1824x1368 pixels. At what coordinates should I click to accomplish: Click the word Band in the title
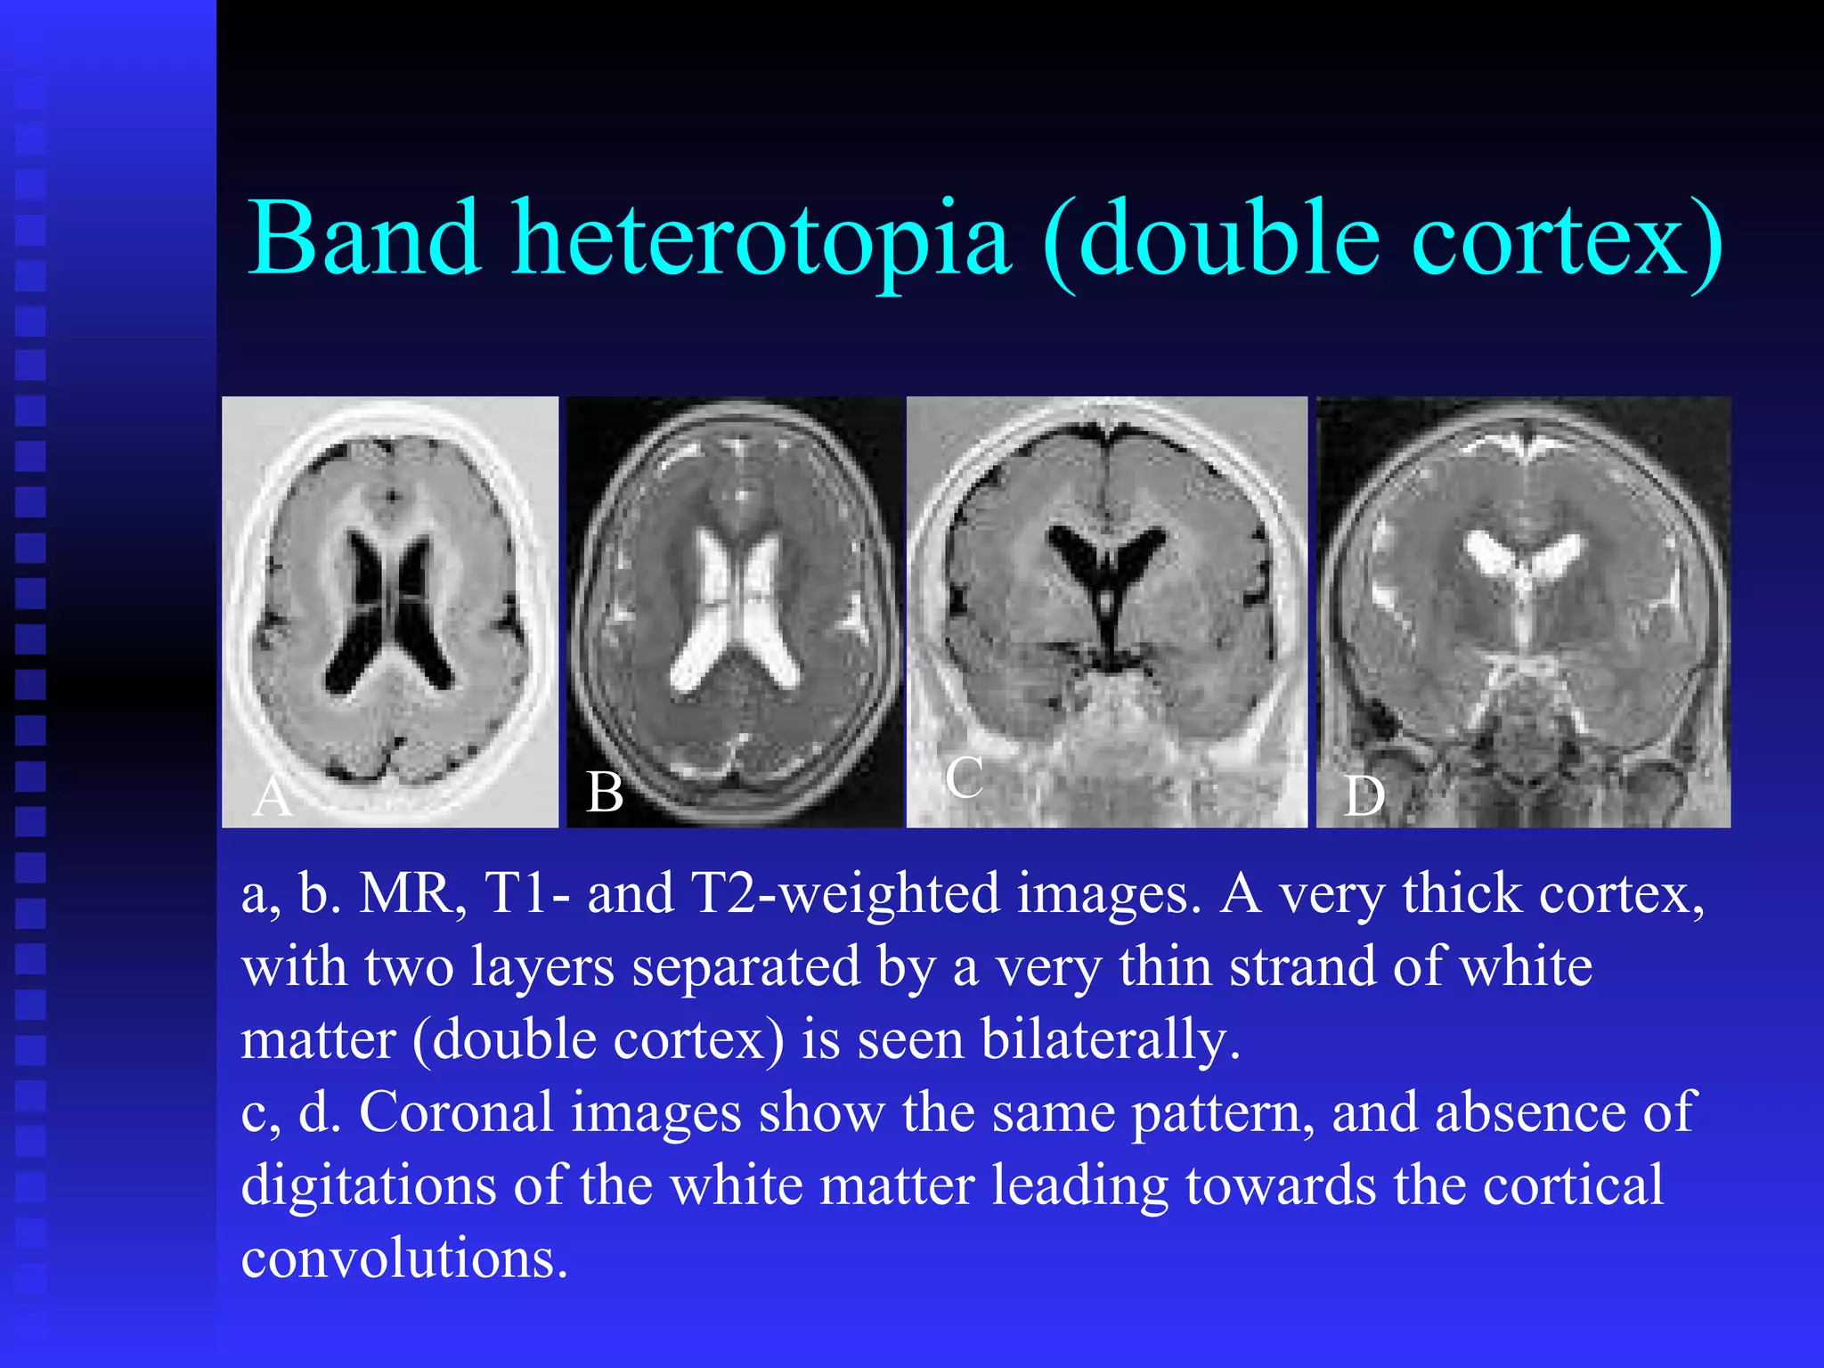(364, 239)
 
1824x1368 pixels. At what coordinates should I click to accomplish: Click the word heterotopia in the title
(761, 239)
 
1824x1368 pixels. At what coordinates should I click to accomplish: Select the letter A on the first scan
(272, 796)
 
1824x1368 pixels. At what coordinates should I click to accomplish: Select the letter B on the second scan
(605, 792)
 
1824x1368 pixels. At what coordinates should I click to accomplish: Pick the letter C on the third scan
(964, 778)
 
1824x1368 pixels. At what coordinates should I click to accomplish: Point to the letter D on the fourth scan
(1364, 795)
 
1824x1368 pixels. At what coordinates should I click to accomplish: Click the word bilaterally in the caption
(1109, 1039)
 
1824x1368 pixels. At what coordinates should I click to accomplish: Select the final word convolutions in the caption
(403, 1258)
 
